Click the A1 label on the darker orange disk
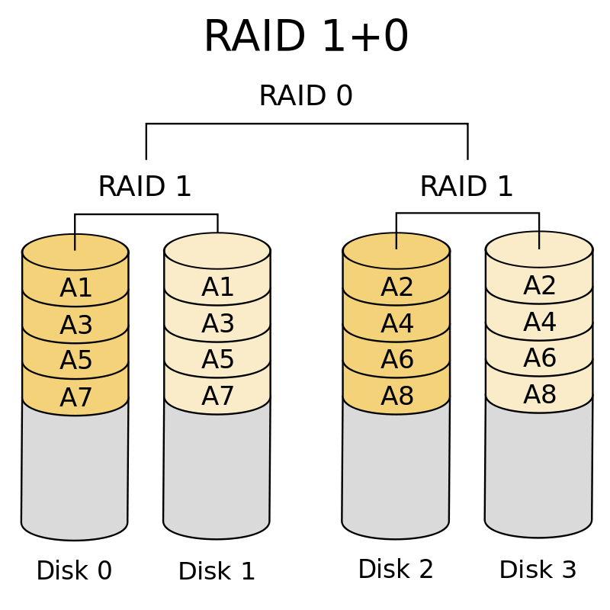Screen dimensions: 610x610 point(75,289)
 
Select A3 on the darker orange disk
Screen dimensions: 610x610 point(75,326)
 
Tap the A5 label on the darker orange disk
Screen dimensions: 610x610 point(75,361)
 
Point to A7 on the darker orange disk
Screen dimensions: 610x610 point(75,398)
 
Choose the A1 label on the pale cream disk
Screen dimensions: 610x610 point(217,288)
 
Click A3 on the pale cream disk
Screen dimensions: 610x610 point(217,325)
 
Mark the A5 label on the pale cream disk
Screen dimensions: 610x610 point(217,361)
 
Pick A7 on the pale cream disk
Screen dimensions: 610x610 point(217,397)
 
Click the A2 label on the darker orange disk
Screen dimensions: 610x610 point(396,288)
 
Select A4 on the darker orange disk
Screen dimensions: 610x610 point(396,325)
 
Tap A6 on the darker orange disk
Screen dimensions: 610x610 point(396,361)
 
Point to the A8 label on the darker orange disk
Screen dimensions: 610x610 point(396,397)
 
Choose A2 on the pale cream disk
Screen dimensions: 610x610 point(539,287)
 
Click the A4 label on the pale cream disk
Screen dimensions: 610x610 point(539,323)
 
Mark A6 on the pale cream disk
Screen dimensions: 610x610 point(539,359)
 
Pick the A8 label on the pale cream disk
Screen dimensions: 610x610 point(539,396)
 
